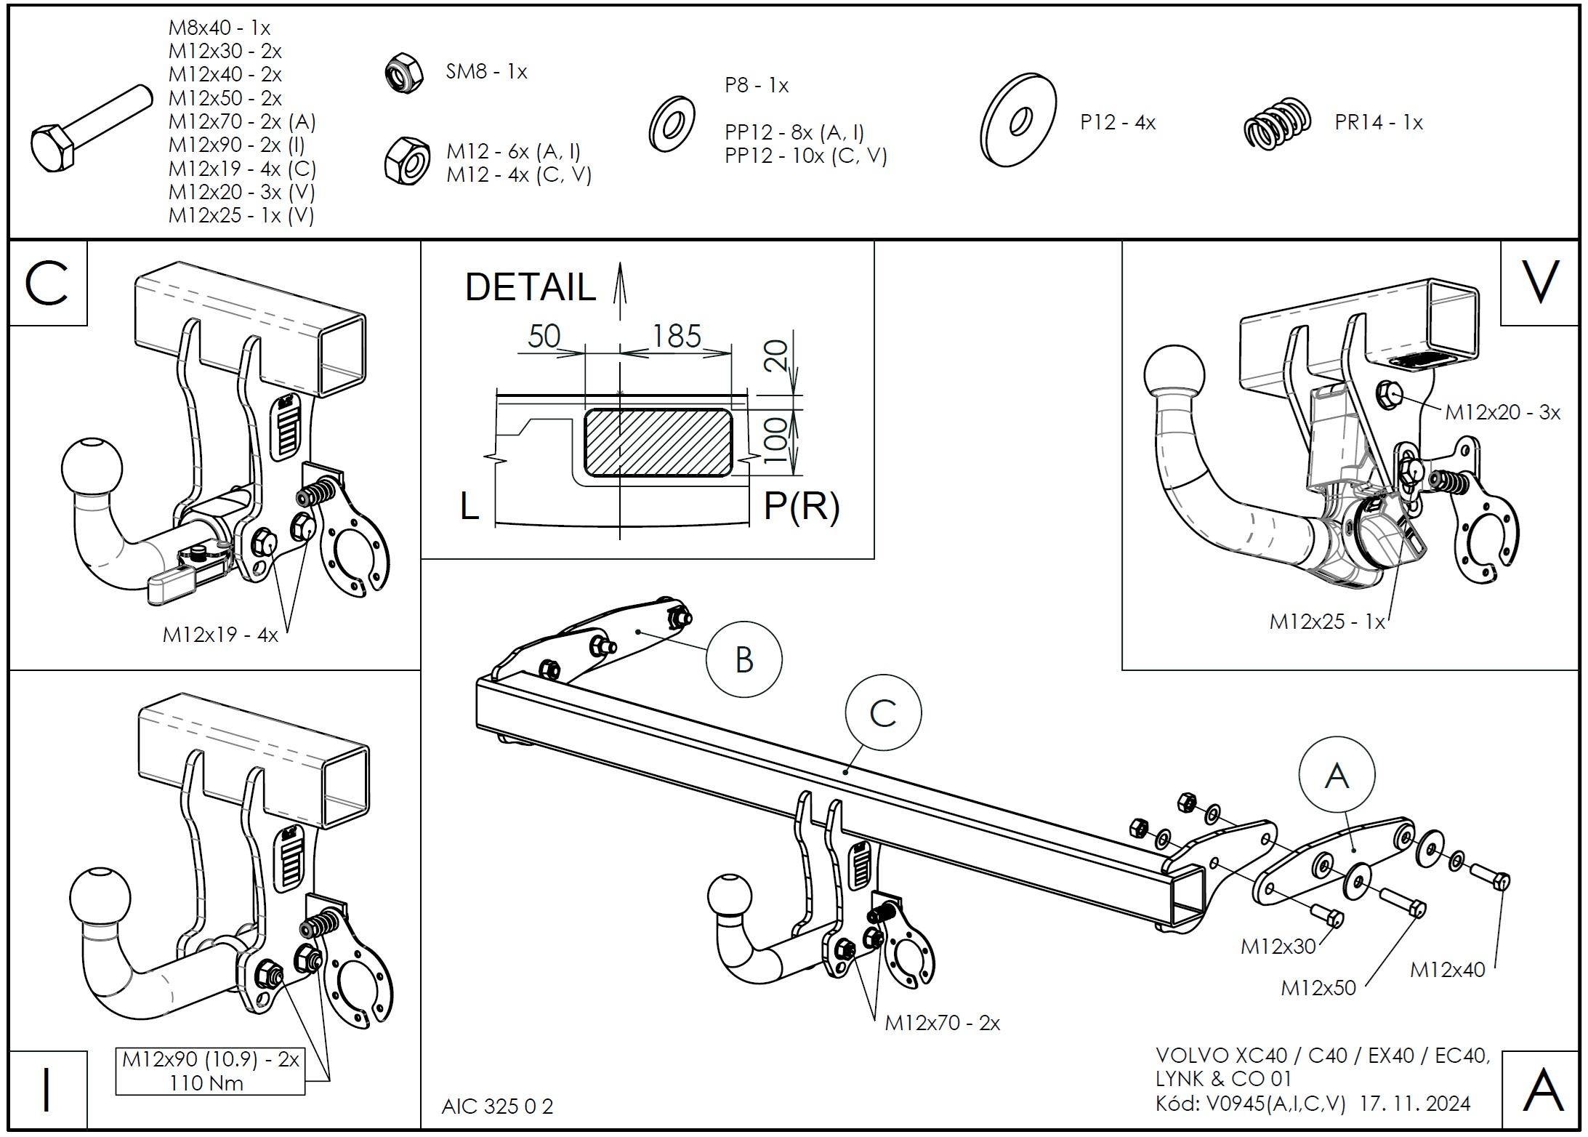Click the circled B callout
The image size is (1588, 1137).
pos(743,659)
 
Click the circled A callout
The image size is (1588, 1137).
pos(1337,775)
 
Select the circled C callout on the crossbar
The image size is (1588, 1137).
pos(883,713)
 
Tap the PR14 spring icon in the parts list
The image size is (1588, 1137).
pos(1277,124)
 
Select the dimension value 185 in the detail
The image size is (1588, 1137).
pos(676,336)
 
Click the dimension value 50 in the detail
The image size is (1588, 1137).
pos(544,336)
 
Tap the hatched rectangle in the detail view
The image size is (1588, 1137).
pos(658,443)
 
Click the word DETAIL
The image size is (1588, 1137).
pos(530,286)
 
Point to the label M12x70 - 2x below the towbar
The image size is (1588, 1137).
pos(942,1023)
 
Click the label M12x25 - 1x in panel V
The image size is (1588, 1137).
pos(1326,622)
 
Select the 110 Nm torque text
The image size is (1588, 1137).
pos(206,1083)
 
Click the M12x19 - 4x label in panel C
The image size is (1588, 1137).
pos(220,634)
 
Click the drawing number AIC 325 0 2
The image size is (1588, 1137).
pos(497,1106)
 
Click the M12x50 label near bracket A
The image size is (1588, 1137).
pos(1318,987)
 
